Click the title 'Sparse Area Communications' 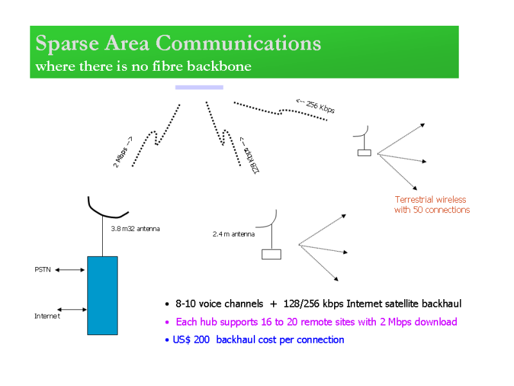[x=178, y=44]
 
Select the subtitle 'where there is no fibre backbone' [x=143, y=66]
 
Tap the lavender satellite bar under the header [x=199, y=87]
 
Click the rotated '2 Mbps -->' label [x=123, y=152]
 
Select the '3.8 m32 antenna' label [x=135, y=228]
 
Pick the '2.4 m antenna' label [x=233, y=234]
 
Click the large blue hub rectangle [x=102, y=295]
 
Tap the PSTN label [x=43, y=270]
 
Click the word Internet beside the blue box [x=47, y=316]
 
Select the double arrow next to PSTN [x=70, y=270]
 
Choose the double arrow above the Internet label [x=72, y=309]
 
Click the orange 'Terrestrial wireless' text [x=430, y=199]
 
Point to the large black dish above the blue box [x=107, y=209]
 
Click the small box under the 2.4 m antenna [x=271, y=253]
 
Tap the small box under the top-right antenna [x=364, y=152]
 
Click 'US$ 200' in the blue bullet [x=191, y=340]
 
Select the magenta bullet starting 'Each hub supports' [x=315, y=322]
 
